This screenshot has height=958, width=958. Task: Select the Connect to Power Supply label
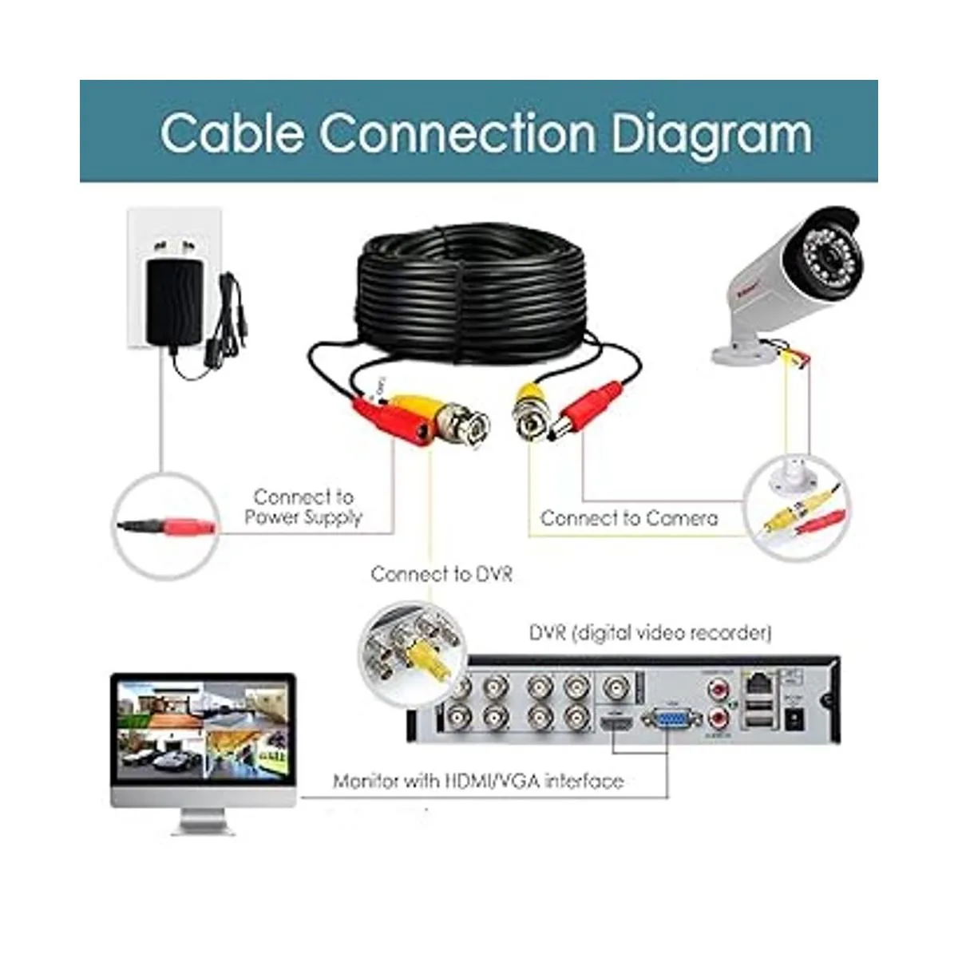[x=303, y=507]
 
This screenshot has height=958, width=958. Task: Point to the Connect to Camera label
[x=628, y=518]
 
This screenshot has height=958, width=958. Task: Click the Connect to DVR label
[x=441, y=574]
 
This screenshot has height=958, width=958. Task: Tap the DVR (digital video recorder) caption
[x=650, y=633]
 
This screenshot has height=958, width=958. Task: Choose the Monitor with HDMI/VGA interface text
[x=477, y=781]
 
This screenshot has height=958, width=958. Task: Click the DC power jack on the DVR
[x=795, y=720]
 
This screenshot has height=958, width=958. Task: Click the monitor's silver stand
[x=204, y=820]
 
